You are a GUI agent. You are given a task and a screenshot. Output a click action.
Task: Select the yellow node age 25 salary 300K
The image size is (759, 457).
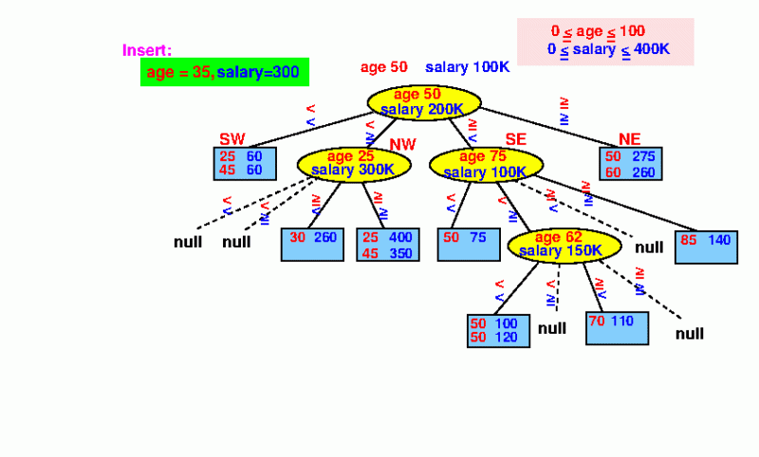(353, 163)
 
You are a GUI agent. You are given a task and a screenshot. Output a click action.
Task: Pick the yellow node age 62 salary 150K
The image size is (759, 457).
(564, 245)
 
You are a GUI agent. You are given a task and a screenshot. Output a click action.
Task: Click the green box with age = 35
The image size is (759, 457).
(225, 72)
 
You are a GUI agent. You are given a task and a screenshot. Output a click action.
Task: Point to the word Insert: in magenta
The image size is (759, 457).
(147, 50)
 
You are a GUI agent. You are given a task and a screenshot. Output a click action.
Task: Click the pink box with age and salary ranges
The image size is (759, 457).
(605, 41)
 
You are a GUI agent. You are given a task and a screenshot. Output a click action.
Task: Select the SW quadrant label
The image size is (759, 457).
(232, 140)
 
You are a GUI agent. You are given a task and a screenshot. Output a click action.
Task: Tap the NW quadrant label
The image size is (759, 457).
(403, 143)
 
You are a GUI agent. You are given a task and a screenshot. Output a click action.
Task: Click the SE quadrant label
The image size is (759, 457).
(515, 140)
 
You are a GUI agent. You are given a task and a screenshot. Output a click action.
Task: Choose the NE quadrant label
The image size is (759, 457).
(630, 140)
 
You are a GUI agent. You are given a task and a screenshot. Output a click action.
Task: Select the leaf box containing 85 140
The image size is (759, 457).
(705, 247)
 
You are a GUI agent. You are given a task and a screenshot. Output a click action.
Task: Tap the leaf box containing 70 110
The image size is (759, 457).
(618, 327)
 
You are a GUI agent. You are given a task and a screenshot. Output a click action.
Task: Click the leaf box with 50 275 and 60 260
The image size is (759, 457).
(631, 163)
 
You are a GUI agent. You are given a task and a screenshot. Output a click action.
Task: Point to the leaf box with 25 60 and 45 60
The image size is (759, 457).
(244, 163)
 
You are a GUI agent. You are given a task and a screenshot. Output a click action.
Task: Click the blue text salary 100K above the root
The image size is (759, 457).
(468, 67)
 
